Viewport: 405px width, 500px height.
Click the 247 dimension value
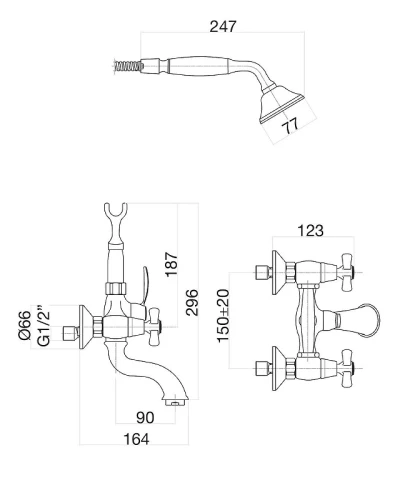point(223,26)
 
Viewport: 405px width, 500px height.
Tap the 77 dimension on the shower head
point(290,126)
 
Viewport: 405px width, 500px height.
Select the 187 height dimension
point(172,264)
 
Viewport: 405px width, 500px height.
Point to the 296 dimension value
point(192,302)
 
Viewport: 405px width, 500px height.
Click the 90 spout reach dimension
point(145,417)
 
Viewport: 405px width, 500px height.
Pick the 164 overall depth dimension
point(136,439)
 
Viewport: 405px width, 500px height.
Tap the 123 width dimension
point(310,230)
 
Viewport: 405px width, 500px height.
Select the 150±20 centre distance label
point(223,315)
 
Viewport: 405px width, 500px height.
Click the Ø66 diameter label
point(25,325)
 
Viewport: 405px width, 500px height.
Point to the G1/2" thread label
point(44,325)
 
